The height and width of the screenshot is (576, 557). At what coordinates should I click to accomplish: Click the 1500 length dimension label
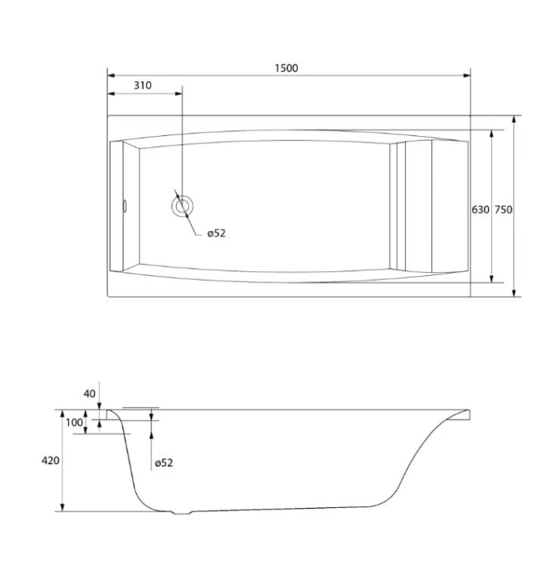[x=287, y=68]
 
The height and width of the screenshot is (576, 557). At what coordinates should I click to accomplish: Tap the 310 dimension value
[x=142, y=86]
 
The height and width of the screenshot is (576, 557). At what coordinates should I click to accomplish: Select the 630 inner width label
[x=481, y=210]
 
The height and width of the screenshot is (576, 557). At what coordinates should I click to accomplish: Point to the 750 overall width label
[x=503, y=210]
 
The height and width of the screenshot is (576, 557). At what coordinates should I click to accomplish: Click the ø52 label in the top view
[x=216, y=234]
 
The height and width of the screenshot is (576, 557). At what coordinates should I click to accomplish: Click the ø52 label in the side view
[x=163, y=463]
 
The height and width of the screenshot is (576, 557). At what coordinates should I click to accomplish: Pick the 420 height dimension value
[x=50, y=460]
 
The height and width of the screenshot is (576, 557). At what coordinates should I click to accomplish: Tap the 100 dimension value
[x=74, y=422]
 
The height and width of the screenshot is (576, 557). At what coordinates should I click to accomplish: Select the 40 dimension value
[x=90, y=394]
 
